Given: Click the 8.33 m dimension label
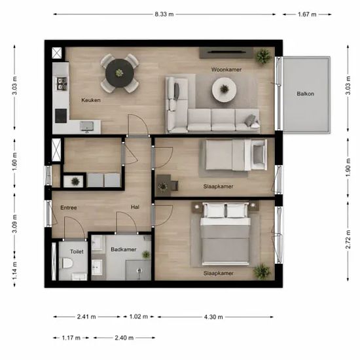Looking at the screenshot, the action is click(x=164, y=14).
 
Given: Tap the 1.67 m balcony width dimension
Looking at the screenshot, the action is click(x=307, y=14).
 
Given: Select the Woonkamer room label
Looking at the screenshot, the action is click(x=226, y=69).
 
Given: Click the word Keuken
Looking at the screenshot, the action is click(x=91, y=100).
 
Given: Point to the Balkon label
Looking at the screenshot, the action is click(x=306, y=94).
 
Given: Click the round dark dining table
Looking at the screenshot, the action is click(x=119, y=73).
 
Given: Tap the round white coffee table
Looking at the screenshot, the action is click(x=224, y=89).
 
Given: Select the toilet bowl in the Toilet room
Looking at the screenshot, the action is click(x=67, y=263).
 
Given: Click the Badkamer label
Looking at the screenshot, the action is click(x=124, y=249).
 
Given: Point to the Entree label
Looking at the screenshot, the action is click(x=69, y=207).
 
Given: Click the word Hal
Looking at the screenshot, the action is click(x=135, y=207).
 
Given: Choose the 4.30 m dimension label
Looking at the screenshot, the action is click(x=213, y=317).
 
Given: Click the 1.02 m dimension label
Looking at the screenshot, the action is click(x=139, y=317).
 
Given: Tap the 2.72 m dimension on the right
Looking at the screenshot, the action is click(x=348, y=240).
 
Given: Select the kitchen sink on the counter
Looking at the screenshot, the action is click(x=86, y=126).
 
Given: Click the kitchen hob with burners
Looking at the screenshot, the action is click(x=62, y=83).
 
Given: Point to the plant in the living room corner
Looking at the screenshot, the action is click(x=263, y=56).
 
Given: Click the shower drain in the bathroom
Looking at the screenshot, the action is click(x=139, y=271).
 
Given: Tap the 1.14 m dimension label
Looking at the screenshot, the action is click(x=14, y=271).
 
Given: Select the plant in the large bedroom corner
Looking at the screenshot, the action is click(x=262, y=272).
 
